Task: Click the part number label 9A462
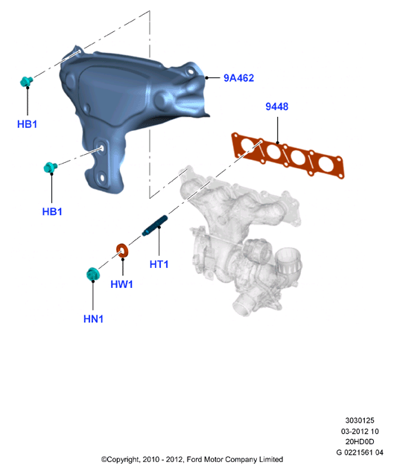tap(238, 78)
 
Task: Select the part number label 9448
tap(276, 106)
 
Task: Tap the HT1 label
tap(159, 264)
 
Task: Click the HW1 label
tap(121, 284)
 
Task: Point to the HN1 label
tap(93, 319)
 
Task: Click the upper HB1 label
tap(27, 124)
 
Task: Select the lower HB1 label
tap(52, 211)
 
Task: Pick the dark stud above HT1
tap(155, 225)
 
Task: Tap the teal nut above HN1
tap(92, 274)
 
